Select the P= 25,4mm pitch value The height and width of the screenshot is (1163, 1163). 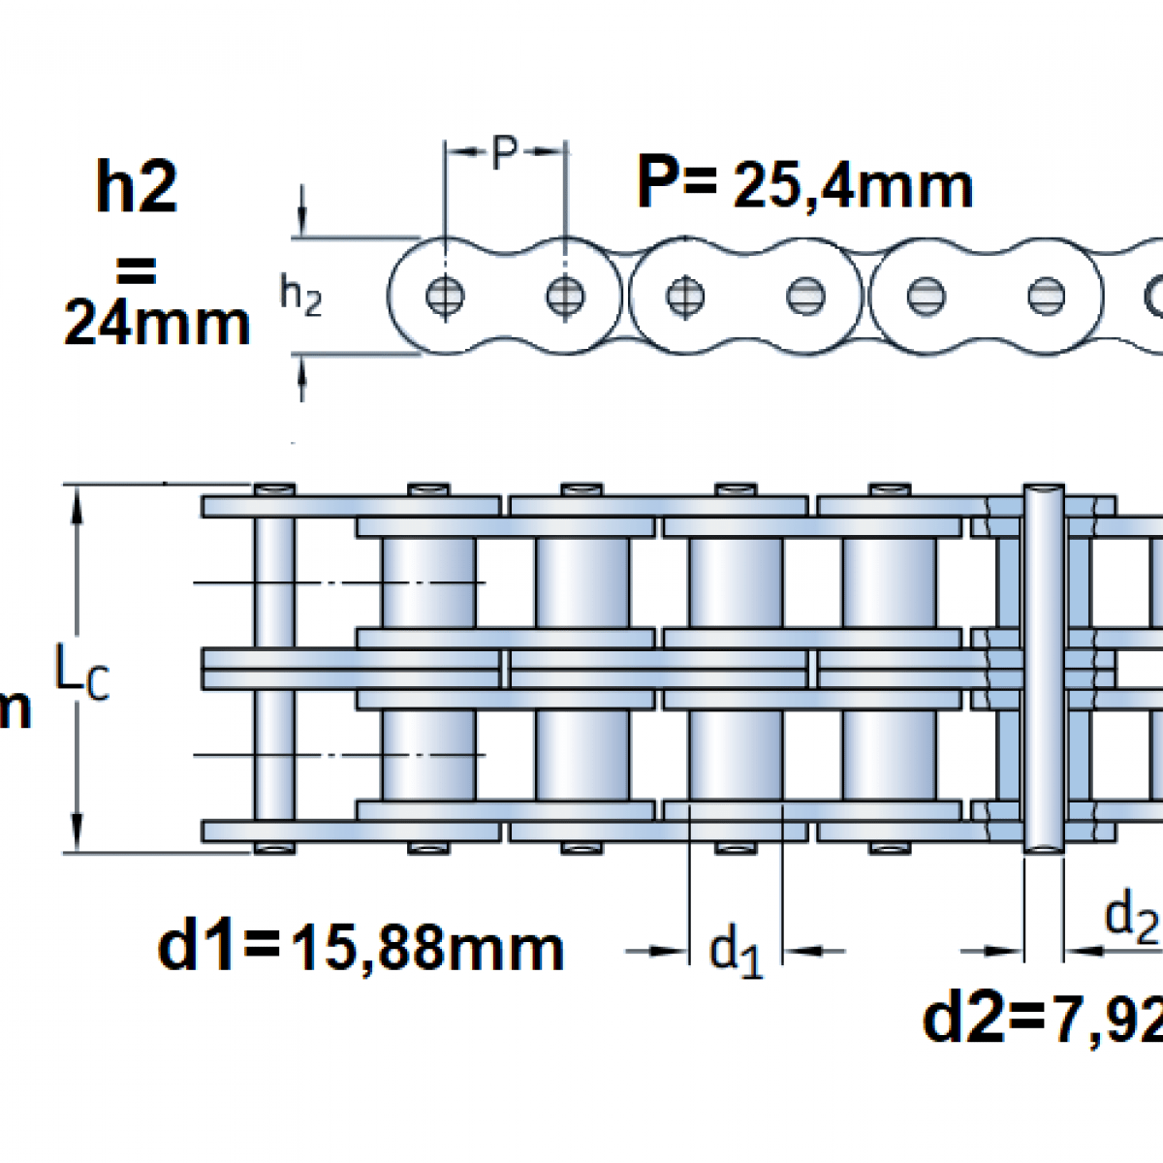pyautogui.click(x=804, y=184)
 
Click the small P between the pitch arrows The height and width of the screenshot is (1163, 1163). pyautogui.click(x=504, y=152)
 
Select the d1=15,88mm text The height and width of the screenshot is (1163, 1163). pyautogui.click(x=360, y=947)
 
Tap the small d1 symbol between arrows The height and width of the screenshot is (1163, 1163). pyautogui.click(x=736, y=951)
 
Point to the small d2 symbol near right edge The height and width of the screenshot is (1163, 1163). pyautogui.click(x=1131, y=916)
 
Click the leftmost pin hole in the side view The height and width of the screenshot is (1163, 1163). pyautogui.click(x=445, y=296)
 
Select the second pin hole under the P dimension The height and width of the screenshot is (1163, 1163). pyautogui.click(x=564, y=296)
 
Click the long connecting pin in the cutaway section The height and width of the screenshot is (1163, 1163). pyautogui.click(x=1043, y=669)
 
